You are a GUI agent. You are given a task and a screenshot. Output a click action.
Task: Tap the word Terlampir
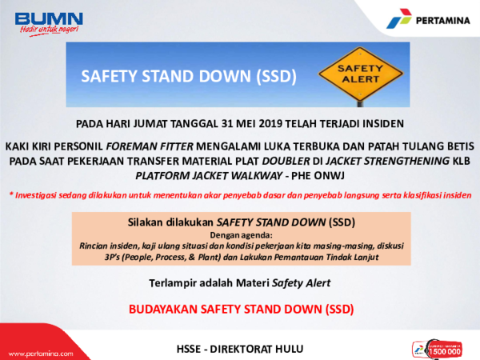pyautogui.click(x=175, y=282)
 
